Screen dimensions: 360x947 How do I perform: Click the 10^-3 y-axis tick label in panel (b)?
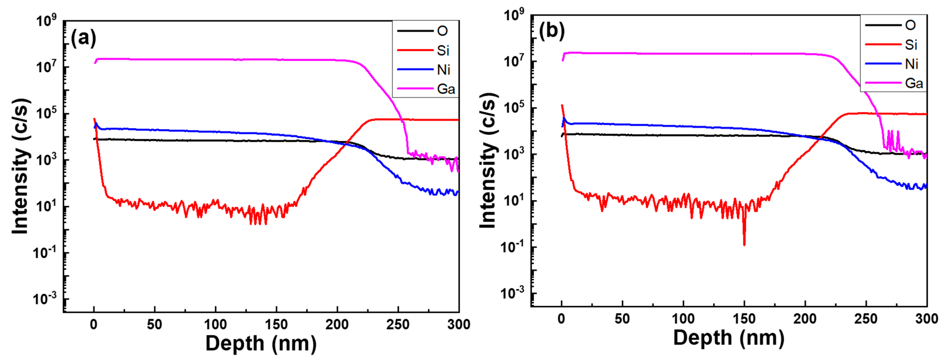tap(513, 293)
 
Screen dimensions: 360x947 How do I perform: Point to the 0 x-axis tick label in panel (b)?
tap(561, 318)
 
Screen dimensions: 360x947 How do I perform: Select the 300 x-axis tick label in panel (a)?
tap(458, 324)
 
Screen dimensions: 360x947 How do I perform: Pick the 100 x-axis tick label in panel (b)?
tap(683, 318)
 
